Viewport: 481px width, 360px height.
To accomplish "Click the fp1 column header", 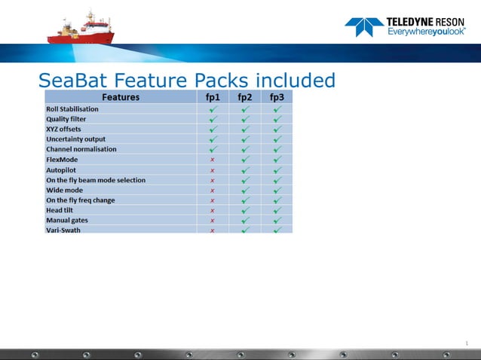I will click(x=213, y=97).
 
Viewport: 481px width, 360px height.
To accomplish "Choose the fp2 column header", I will click(x=245, y=97).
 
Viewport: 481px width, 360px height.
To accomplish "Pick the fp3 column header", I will click(x=277, y=97).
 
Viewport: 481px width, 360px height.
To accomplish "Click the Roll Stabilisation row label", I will click(x=72, y=109).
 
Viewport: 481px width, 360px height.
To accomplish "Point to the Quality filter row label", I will click(x=66, y=119).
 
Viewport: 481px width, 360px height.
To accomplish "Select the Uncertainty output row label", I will click(x=75, y=139).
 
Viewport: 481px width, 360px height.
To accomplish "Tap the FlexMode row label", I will click(x=62, y=160).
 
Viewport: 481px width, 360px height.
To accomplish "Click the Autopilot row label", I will click(x=61, y=170).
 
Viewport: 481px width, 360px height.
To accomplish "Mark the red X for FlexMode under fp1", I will click(x=213, y=160).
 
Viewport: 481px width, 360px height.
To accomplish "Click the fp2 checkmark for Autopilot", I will click(x=245, y=170).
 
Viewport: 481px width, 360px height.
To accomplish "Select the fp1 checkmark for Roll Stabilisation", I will click(x=213, y=109).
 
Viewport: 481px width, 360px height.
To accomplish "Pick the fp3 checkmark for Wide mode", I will click(x=277, y=191).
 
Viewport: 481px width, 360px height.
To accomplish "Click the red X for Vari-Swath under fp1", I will click(x=213, y=230).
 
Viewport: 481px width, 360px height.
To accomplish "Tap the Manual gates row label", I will click(x=67, y=221).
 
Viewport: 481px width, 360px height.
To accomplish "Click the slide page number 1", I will click(x=467, y=344).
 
